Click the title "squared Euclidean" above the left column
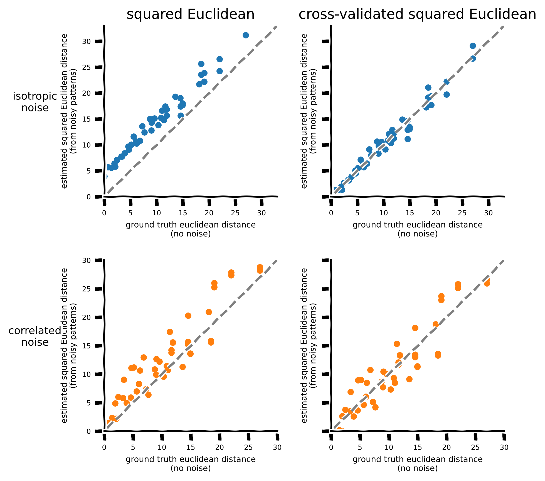191,14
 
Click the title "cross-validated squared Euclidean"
417,14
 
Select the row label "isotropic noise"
35,102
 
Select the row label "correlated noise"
35,336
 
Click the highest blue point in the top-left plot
246,35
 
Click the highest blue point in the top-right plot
473,46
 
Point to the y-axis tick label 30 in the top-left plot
87,41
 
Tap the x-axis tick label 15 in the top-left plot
183,213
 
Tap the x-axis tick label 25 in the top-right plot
462,213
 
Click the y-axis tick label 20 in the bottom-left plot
87,317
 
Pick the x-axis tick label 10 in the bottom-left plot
162,448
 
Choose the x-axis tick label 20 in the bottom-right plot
447,448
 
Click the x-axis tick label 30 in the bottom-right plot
504,448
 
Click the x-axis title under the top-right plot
418,229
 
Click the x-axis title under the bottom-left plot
191,464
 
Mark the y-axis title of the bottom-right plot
309,345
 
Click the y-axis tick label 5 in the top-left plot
89,171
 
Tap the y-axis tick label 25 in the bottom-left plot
87,289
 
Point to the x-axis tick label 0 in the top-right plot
331,213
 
